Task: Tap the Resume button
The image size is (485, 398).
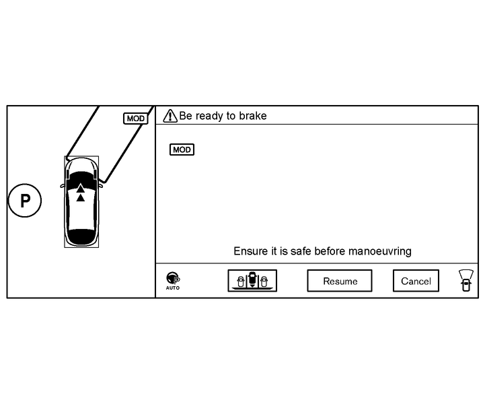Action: tap(340, 281)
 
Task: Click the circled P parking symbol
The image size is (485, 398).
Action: tap(25, 201)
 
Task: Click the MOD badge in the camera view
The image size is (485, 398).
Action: tap(135, 119)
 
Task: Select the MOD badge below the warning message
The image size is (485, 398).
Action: tap(182, 150)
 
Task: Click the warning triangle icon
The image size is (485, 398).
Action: tap(170, 116)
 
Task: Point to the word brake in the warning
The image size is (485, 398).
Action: tap(253, 116)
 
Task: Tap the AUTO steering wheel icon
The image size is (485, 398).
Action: tap(173, 279)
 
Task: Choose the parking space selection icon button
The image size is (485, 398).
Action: tap(252, 280)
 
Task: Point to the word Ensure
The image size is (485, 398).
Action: tap(251, 251)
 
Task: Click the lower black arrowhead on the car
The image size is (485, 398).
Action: tap(81, 197)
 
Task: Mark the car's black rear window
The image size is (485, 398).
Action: tap(81, 236)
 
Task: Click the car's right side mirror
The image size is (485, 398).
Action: tap(100, 183)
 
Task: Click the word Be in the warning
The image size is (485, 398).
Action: tap(186, 116)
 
